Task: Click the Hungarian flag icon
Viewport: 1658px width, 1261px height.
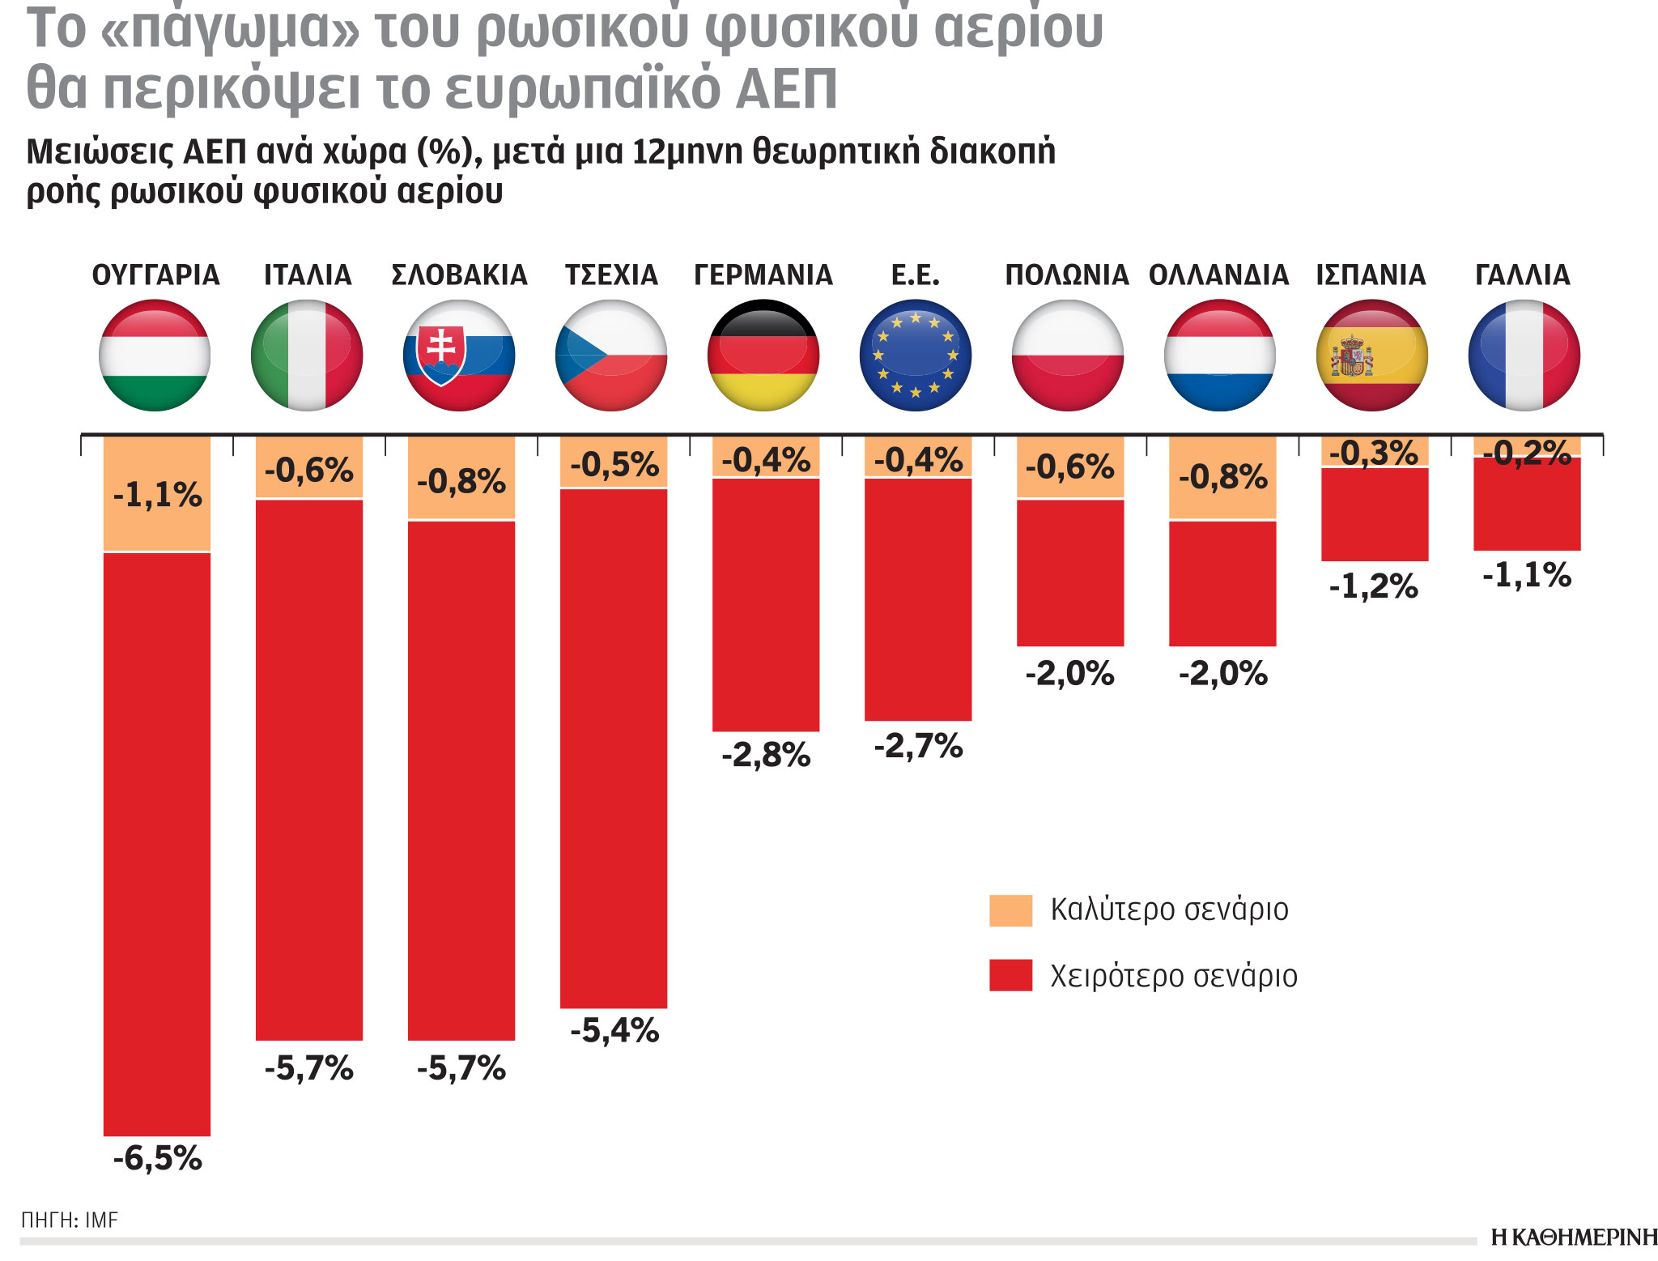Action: [x=155, y=356]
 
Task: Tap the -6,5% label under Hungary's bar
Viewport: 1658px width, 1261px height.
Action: [x=157, y=1158]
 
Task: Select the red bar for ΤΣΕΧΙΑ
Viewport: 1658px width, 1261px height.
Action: [x=614, y=749]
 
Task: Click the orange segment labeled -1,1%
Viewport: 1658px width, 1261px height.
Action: [x=157, y=494]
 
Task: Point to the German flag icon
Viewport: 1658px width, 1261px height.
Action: [x=763, y=356]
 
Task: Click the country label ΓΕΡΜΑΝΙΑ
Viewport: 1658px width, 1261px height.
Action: [x=763, y=275]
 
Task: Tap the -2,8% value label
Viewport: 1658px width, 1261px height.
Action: [x=766, y=756]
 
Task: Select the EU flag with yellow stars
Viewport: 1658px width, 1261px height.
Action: [x=916, y=356]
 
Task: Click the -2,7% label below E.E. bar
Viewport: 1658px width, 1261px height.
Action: [x=918, y=746]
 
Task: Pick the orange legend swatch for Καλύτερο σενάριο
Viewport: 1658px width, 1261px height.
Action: [x=1010, y=910]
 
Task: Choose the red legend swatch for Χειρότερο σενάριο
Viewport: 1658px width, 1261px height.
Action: [x=1010, y=975]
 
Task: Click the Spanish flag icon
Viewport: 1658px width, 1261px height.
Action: [x=1372, y=356]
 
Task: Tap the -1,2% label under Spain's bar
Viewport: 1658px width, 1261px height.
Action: [x=1374, y=586]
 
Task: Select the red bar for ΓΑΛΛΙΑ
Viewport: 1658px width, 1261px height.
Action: [x=1527, y=505]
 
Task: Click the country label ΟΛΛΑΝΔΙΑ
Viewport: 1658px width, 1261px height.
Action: [x=1218, y=275]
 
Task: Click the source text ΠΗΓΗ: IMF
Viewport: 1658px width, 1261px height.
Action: [x=70, y=1220]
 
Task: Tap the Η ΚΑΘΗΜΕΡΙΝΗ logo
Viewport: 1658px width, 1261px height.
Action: [x=1574, y=1238]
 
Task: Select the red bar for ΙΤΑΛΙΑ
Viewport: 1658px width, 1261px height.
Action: [x=309, y=769]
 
